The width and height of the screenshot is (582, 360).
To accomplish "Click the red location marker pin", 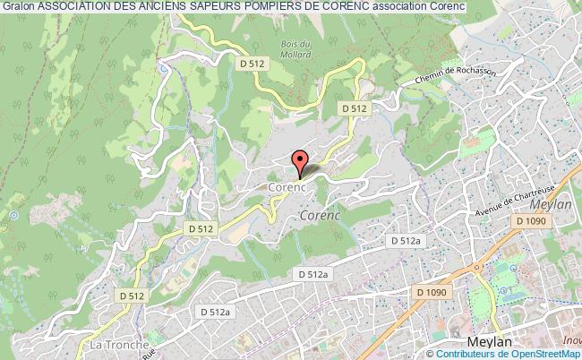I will (x=299, y=162).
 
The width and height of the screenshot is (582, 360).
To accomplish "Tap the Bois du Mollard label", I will (x=295, y=49).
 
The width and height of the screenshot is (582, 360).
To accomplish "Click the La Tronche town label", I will (x=112, y=344).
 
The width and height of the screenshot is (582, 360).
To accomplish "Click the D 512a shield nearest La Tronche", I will (x=216, y=311).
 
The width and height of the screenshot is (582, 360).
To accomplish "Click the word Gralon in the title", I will (x=18, y=9).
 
